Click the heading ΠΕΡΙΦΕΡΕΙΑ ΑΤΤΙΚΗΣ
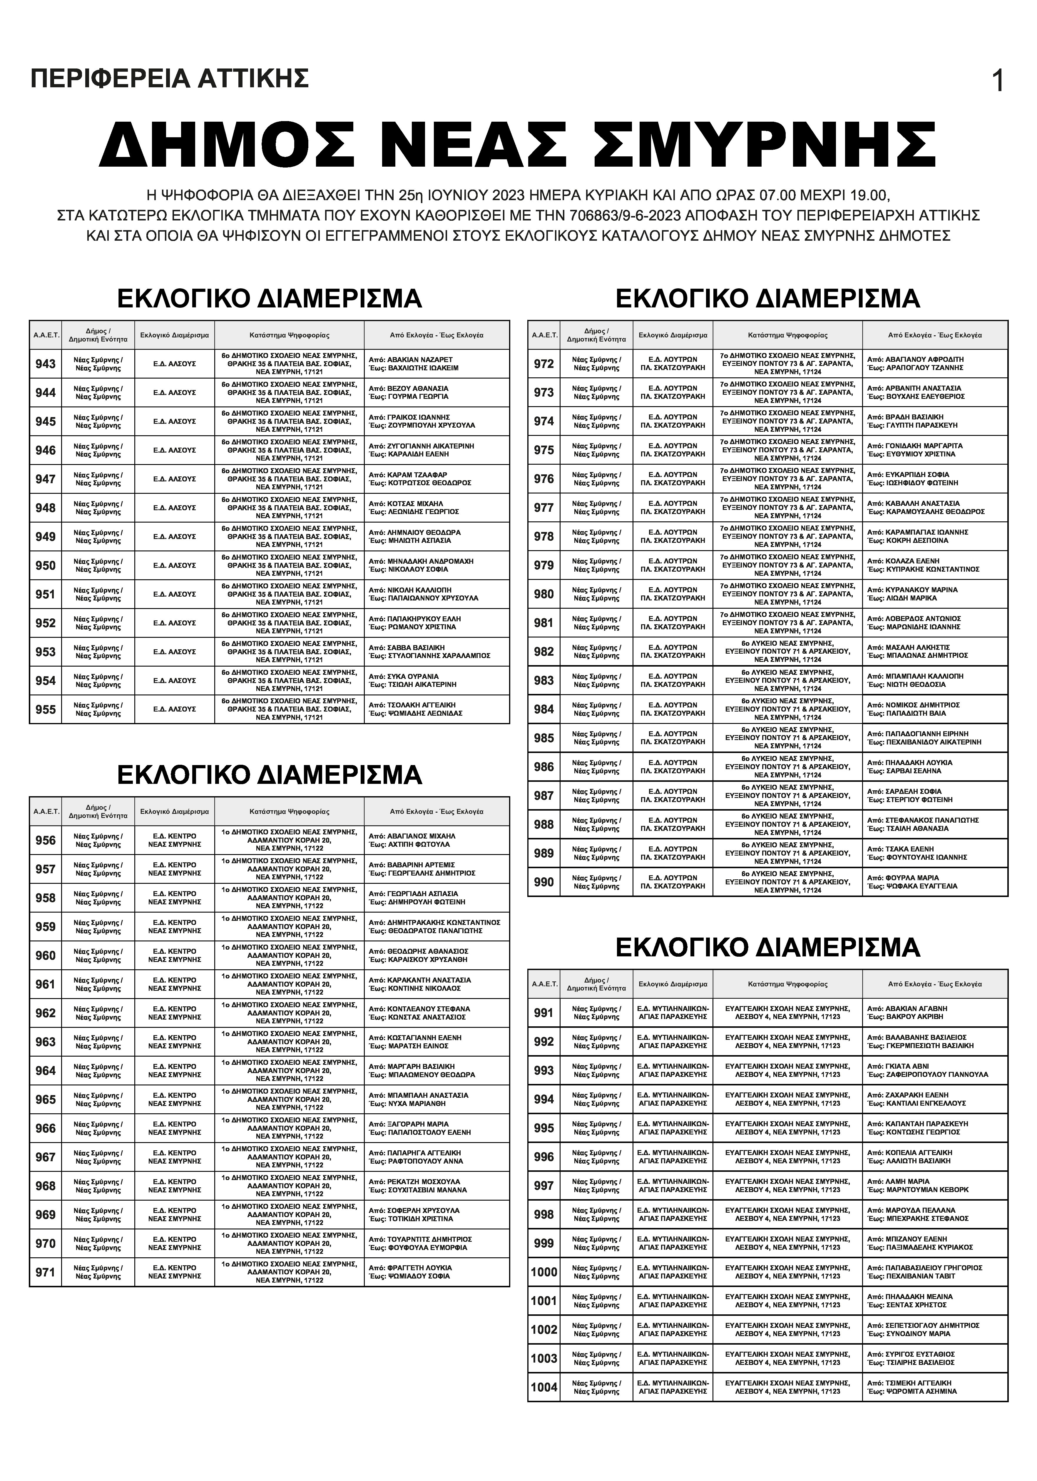170,79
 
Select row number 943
45,364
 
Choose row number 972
544,364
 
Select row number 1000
544,1272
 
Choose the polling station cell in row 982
787,652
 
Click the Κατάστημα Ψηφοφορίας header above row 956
290,811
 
